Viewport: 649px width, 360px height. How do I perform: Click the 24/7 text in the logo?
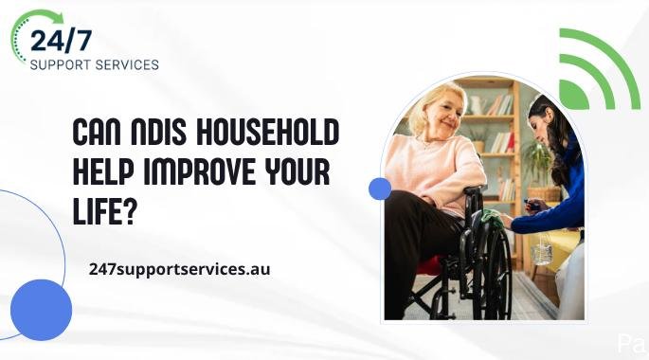(61, 41)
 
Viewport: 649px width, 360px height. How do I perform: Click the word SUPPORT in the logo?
(61, 65)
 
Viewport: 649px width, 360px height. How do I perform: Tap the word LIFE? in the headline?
(105, 211)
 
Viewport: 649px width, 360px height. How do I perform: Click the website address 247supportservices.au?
(180, 269)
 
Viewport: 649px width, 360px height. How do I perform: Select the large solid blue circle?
(41, 310)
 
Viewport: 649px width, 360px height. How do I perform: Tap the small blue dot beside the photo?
(380, 189)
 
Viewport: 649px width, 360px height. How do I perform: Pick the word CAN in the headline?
(98, 133)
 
